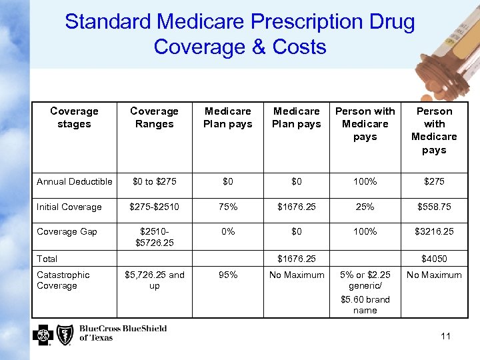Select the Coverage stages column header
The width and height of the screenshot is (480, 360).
pos(74,117)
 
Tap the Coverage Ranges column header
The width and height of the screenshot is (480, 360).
pos(154,117)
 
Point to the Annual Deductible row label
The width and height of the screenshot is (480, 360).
pos(74,181)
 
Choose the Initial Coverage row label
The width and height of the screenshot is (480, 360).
pos(69,207)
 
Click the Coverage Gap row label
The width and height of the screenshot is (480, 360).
pos(67,231)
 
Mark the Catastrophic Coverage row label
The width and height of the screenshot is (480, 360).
pos(63,280)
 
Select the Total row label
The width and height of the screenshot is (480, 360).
pos(47,259)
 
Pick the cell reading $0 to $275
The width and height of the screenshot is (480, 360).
pos(154,181)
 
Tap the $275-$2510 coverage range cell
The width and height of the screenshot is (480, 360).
pos(154,207)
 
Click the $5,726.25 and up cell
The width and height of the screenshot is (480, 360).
pos(154,280)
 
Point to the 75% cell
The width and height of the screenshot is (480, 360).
pos(228,207)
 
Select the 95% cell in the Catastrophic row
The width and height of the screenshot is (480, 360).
pos(228,275)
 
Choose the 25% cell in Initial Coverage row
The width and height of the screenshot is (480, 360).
pos(365,207)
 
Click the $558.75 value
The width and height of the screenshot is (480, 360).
pos(434,207)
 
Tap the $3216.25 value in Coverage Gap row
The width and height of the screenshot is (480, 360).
pos(434,231)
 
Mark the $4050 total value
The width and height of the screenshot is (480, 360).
pos(434,259)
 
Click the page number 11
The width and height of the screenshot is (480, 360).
pos(445,336)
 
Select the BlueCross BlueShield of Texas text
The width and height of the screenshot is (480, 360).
pos(123,333)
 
